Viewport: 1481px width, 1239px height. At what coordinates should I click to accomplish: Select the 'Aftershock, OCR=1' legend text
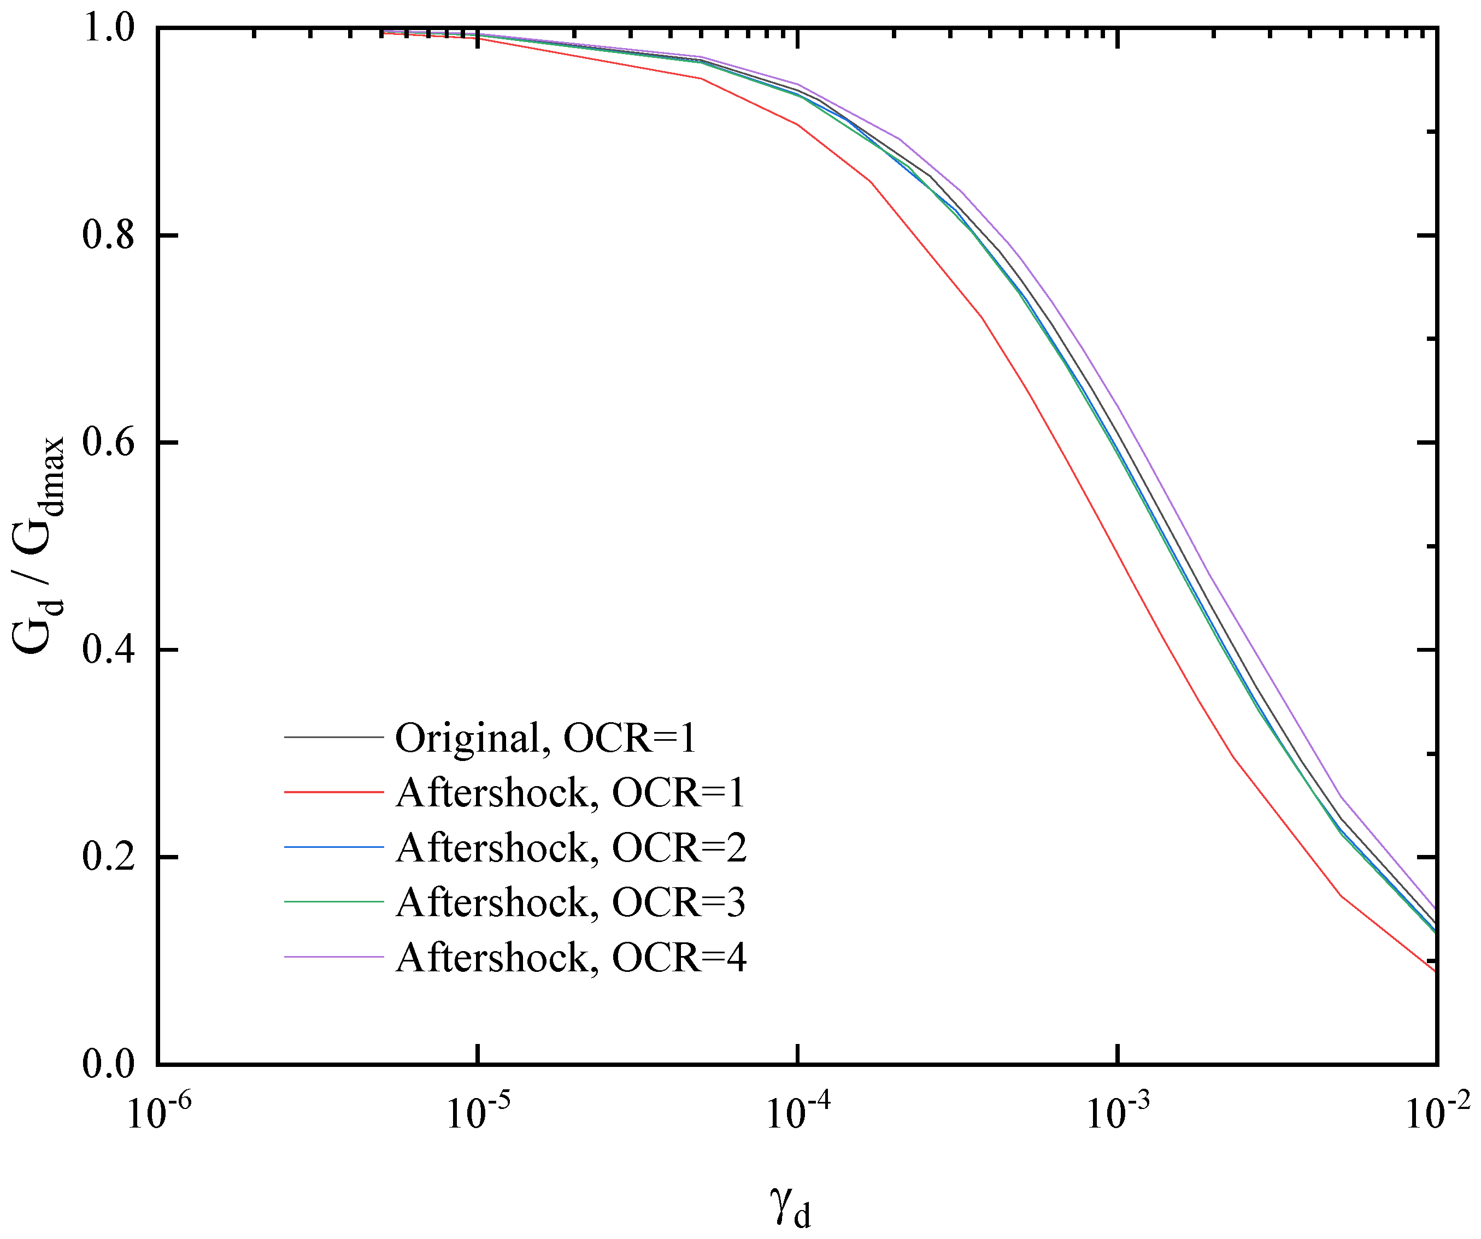click(570, 793)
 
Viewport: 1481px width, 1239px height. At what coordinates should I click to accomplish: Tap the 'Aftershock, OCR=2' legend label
click(570, 848)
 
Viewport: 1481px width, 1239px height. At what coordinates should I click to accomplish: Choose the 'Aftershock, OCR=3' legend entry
click(570, 902)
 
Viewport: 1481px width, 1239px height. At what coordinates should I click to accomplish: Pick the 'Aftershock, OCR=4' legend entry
click(570, 958)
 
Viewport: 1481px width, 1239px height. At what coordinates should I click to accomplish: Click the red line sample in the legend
click(333, 792)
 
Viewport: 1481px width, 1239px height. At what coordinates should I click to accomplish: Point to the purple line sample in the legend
click(333, 957)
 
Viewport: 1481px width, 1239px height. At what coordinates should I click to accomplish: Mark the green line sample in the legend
click(333, 902)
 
